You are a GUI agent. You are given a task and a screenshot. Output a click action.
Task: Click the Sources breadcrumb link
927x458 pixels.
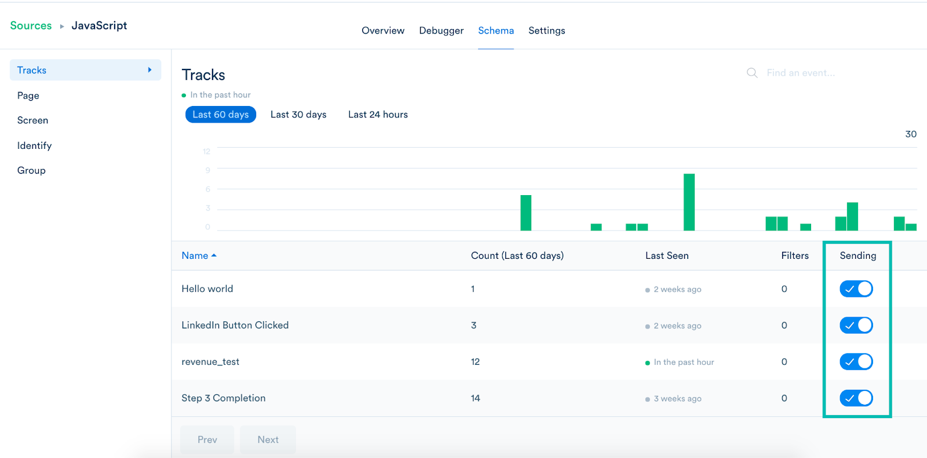point(31,25)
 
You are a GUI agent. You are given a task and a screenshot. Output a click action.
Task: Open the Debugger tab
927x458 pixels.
point(441,31)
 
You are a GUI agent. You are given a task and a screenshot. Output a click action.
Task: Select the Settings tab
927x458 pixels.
point(546,31)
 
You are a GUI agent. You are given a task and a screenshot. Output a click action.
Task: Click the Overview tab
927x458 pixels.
point(383,31)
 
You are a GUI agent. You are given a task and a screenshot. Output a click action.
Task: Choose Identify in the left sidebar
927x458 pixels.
point(34,145)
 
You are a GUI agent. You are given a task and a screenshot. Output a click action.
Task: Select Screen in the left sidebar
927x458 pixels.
point(32,120)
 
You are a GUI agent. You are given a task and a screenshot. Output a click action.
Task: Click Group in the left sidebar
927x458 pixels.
point(31,170)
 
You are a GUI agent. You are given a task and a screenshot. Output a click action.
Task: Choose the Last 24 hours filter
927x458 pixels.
point(378,115)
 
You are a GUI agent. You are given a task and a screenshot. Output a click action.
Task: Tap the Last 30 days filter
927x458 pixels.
point(298,115)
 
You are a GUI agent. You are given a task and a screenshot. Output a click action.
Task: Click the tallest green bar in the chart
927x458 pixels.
point(689,202)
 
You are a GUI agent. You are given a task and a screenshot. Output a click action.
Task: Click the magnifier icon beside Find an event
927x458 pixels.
point(752,73)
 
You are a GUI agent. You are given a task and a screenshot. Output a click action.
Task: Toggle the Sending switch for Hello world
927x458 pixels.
point(856,289)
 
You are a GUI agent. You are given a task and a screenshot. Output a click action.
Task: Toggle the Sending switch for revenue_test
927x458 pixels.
point(856,362)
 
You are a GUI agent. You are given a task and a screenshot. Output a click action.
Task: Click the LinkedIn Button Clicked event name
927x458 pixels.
point(235,325)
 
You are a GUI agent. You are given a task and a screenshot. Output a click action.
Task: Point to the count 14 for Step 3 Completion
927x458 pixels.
point(475,398)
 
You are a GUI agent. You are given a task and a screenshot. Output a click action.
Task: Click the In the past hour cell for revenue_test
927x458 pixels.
point(683,362)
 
